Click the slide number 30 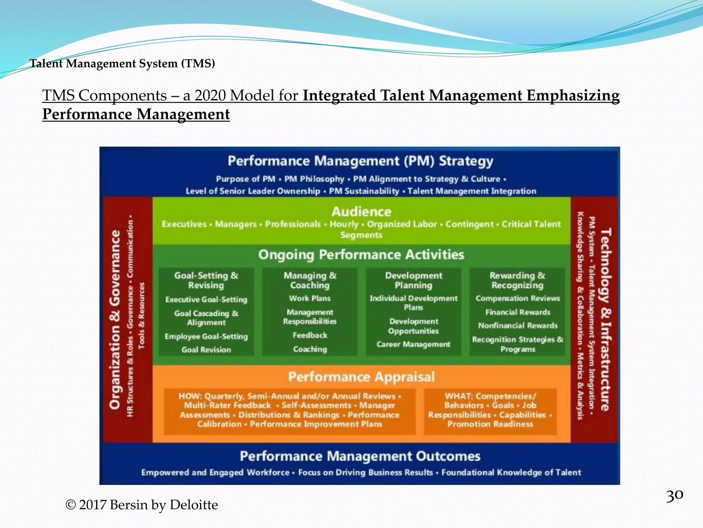(674, 495)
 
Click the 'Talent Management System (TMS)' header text (122, 64)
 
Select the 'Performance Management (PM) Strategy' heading (360, 161)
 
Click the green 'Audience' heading (361, 211)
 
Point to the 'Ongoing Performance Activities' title (361, 255)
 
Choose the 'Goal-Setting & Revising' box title (206, 280)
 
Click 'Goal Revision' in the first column (206, 350)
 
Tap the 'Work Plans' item (310, 298)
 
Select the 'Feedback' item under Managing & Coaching (310, 335)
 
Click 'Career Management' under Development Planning (413, 344)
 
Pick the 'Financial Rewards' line (518, 312)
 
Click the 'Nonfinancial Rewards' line (518, 325)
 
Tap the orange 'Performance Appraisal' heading (361, 377)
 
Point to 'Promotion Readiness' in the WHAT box (490, 424)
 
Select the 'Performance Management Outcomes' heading (360, 456)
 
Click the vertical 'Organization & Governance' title (115, 320)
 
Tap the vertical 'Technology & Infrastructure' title (606, 320)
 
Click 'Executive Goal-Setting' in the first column (206, 299)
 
